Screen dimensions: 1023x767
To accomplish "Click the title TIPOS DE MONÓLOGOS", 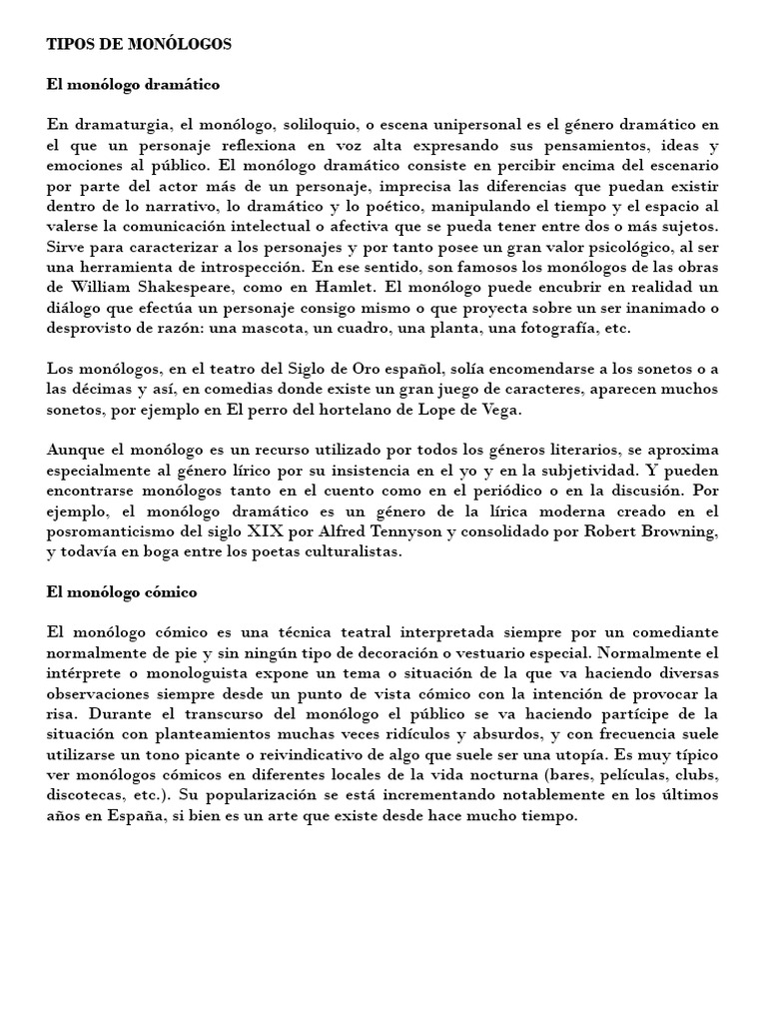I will (x=139, y=44).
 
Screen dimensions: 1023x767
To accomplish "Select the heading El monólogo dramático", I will (x=133, y=85).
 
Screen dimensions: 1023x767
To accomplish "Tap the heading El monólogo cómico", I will (x=122, y=591).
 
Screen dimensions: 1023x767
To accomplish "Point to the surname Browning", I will (x=678, y=530).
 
